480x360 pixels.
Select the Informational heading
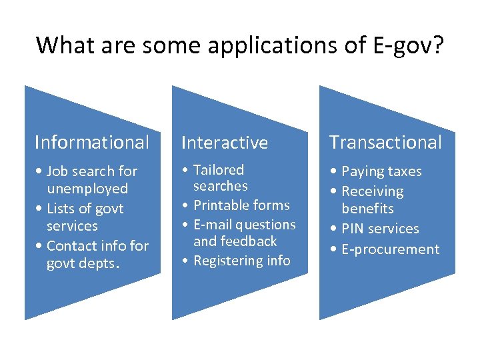92,142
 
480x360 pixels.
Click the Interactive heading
224,142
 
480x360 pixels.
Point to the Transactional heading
385,142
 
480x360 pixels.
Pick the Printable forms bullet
241,205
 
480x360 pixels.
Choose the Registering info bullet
241,261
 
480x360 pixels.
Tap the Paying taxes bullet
381,171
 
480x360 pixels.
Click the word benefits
367,208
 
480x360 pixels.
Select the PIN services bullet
380,229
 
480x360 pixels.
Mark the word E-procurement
391,249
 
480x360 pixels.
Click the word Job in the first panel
58,171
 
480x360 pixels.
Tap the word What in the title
61,45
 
